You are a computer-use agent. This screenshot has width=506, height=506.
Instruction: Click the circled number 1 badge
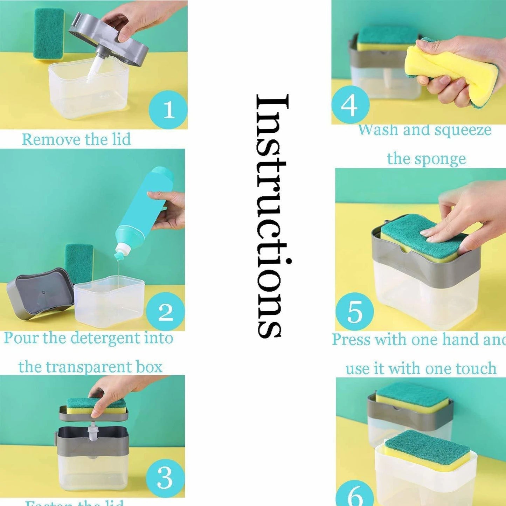tap(168, 110)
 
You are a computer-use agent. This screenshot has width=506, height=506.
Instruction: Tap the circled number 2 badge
tap(165, 311)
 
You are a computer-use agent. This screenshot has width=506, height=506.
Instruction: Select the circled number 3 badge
tap(165, 478)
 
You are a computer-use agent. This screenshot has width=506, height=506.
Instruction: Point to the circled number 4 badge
tap(350, 105)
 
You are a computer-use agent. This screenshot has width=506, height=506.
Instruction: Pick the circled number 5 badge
tap(354, 311)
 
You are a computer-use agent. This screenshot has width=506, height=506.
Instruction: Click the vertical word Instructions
tap(272, 215)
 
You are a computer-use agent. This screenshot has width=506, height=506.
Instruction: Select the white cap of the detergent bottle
tap(123, 252)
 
